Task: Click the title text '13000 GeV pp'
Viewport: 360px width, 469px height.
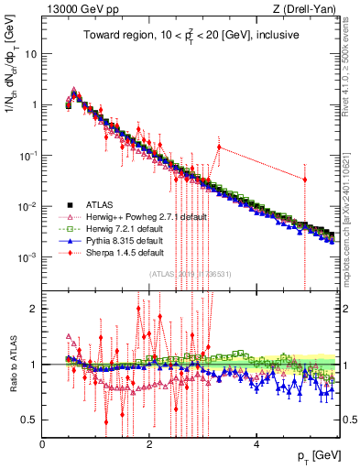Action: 77,10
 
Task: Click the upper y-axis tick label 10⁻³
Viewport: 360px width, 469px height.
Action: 27,257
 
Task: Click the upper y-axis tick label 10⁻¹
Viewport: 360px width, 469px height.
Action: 27,156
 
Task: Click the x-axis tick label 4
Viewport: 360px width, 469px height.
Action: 257,444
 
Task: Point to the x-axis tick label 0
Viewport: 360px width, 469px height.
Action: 43,444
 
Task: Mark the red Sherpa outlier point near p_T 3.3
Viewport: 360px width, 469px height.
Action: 219,147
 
